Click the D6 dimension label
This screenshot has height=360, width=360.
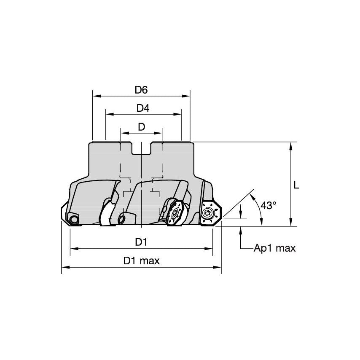141,90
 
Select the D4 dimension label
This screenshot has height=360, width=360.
143,108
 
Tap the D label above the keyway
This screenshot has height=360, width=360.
141,126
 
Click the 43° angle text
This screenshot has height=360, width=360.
269,205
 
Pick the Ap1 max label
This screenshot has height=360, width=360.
274,248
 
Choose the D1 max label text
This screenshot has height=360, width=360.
142,261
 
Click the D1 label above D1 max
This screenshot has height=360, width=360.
141,242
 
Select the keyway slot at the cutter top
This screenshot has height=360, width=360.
141,148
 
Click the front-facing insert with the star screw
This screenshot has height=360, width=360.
173,212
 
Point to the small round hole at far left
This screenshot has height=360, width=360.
74,219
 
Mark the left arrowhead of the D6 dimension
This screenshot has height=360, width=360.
95,96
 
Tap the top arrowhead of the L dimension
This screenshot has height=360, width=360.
291,145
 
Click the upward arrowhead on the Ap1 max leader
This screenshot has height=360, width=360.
241,230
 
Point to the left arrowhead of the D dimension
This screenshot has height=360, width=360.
124,133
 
